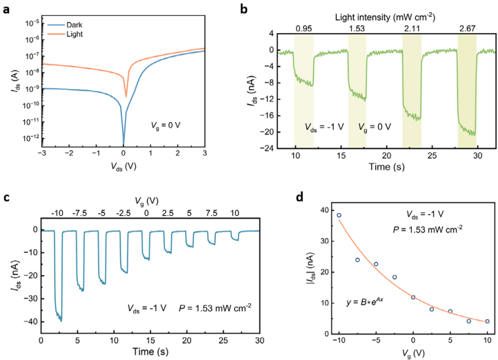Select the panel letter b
pyautogui.click(x=261, y=8)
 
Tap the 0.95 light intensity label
pyautogui.click(x=303, y=29)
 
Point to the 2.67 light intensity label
pyautogui.click(x=467, y=29)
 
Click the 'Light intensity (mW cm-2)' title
pyautogui.click(x=386, y=14)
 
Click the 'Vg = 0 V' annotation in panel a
pyautogui.click(x=170, y=126)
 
